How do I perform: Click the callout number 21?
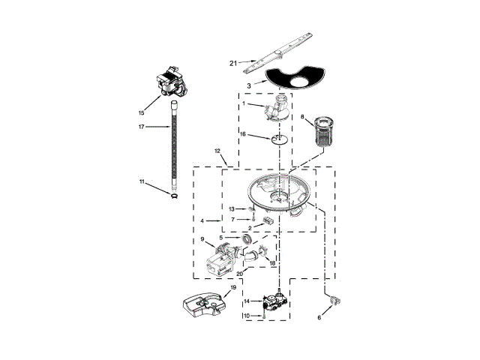click(x=232, y=63)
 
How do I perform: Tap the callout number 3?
click(x=248, y=87)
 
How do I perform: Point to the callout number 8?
click(x=302, y=118)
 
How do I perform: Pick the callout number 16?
click(x=243, y=134)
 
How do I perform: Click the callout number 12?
click(x=217, y=151)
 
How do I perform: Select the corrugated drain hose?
click(x=175, y=147)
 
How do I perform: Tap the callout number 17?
click(x=141, y=127)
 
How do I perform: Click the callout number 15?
click(x=140, y=112)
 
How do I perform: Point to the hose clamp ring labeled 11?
click(x=173, y=196)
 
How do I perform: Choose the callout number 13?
click(x=232, y=208)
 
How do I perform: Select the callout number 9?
click(x=202, y=240)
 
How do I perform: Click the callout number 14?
click(x=246, y=301)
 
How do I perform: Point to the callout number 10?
click(x=246, y=316)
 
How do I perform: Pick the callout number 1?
click(x=242, y=103)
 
